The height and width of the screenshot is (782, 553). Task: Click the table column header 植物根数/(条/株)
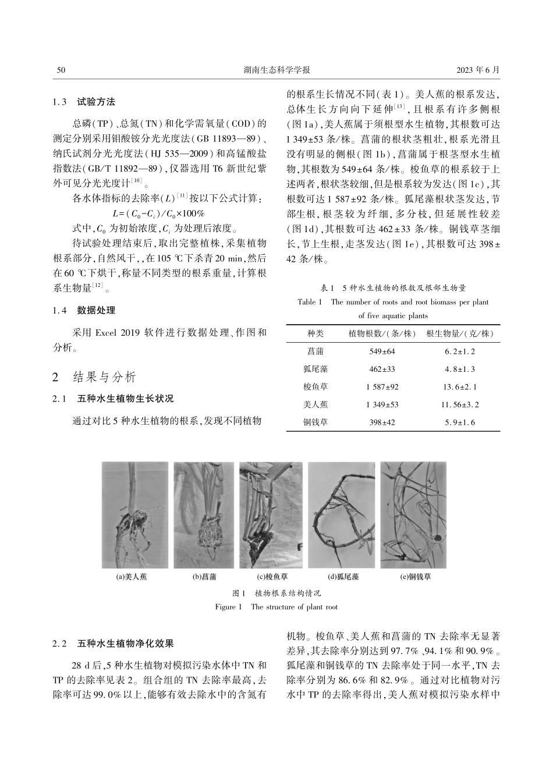(381, 334)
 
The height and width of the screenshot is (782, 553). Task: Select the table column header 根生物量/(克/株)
(459, 334)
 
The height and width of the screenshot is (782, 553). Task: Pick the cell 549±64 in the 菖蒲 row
(382, 352)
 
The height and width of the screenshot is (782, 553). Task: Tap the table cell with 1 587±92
(382, 387)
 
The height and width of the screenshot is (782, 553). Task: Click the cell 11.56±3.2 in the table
(459, 404)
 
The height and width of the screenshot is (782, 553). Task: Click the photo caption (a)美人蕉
(132, 577)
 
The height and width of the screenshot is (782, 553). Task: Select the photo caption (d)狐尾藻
(343, 577)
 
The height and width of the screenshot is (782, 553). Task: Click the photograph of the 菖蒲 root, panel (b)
(204, 515)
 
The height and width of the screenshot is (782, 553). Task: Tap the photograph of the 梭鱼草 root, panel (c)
(271, 515)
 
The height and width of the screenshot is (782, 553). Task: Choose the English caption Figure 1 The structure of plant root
(276, 607)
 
